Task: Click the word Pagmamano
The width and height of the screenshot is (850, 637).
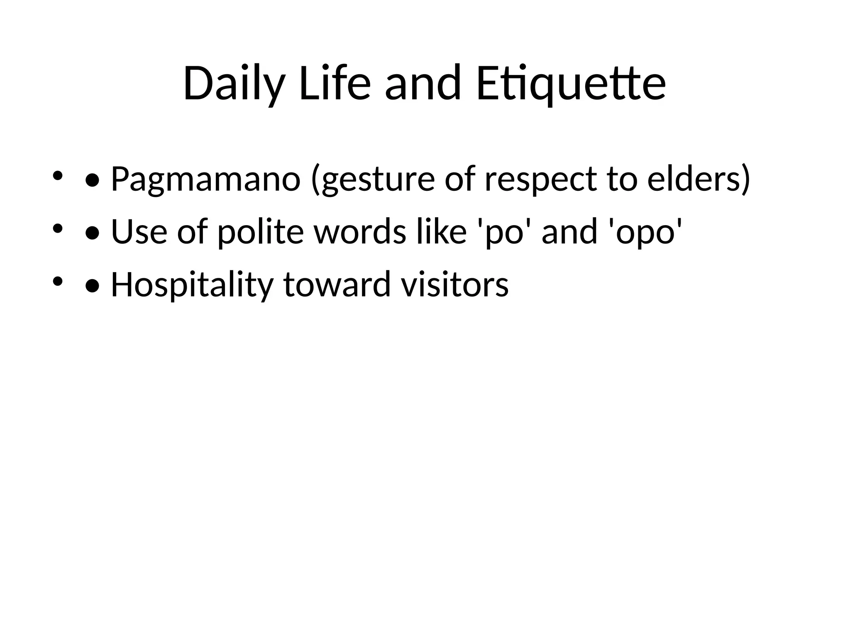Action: coord(205,179)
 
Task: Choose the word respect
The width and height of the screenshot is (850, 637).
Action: coord(541,179)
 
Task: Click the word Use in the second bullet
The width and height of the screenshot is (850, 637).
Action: coord(139,231)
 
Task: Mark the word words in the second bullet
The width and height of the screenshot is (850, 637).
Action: coord(360,231)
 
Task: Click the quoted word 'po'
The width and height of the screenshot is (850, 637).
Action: coord(503,231)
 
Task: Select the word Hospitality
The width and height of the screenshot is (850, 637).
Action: coord(192,284)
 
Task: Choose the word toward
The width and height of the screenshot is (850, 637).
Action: coord(337,284)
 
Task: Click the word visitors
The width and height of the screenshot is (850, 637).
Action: coord(454,284)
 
